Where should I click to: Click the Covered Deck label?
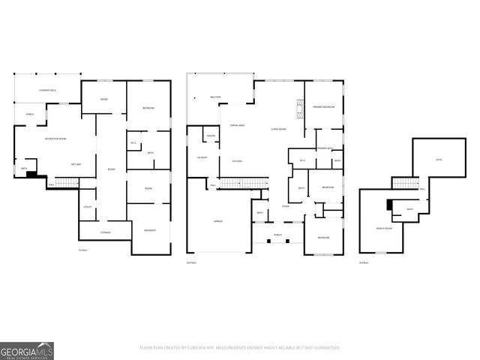coord(48,90)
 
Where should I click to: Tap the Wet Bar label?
coord(76,163)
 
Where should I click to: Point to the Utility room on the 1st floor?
coord(87,206)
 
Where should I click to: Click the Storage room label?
coord(106,232)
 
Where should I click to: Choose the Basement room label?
coord(150,230)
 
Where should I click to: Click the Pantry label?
coord(211,136)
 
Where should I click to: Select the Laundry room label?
coord(202,157)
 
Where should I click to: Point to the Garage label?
coord(217,221)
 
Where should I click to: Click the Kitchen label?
coord(236,161)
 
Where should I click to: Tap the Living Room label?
coord(278,129)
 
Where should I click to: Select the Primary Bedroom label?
coord(323,108)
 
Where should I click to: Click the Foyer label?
coord(286,206)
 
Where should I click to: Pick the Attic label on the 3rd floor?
coord(439,160)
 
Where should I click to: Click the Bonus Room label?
coord(384,227)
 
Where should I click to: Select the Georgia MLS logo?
coord(27,350)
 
